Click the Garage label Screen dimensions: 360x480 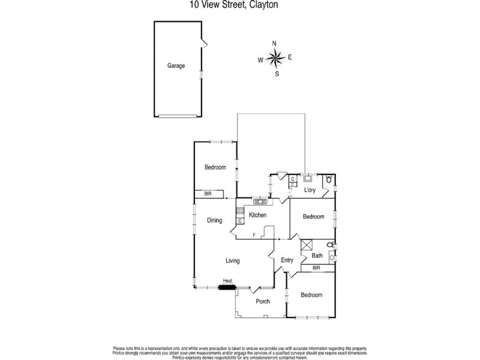(176, 67)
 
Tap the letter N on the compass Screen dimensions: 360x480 (275, 43)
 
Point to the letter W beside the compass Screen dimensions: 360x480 (260, 59)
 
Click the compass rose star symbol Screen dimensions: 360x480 (275, 58)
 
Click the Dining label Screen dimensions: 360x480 (215, 220)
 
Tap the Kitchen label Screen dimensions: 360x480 (258, 215)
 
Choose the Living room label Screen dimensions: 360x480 (233, 260)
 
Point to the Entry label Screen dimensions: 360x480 (287, 260)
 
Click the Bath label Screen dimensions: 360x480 (317, 256)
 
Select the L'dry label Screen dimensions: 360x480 (310, 190)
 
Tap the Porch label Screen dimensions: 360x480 (263, 301)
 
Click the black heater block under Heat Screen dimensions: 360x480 (227, 287)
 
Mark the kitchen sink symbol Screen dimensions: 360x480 (260, 201)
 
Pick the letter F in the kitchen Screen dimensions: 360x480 (254, 235)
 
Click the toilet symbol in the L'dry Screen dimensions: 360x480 (329, 179)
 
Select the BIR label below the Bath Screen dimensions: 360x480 (316, 268)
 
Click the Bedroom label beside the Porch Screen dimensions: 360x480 (311, 295)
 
